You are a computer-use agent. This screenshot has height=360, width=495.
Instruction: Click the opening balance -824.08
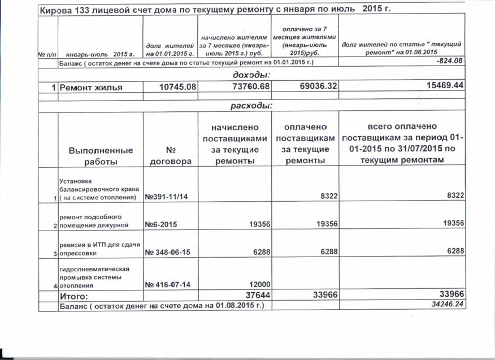[446, 61]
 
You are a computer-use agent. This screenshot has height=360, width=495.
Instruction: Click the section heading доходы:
[251, 75]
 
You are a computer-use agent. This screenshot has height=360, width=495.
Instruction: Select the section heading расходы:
[251, 106]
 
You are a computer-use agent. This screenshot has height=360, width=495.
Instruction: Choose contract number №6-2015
[162, 224]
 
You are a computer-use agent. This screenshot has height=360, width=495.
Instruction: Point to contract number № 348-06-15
[168, 253]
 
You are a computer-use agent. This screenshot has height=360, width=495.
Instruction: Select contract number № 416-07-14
[168, 285]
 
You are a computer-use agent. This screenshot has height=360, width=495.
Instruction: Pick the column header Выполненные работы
[101, 156]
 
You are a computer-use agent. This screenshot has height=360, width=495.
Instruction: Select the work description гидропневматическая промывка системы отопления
[96, 277]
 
